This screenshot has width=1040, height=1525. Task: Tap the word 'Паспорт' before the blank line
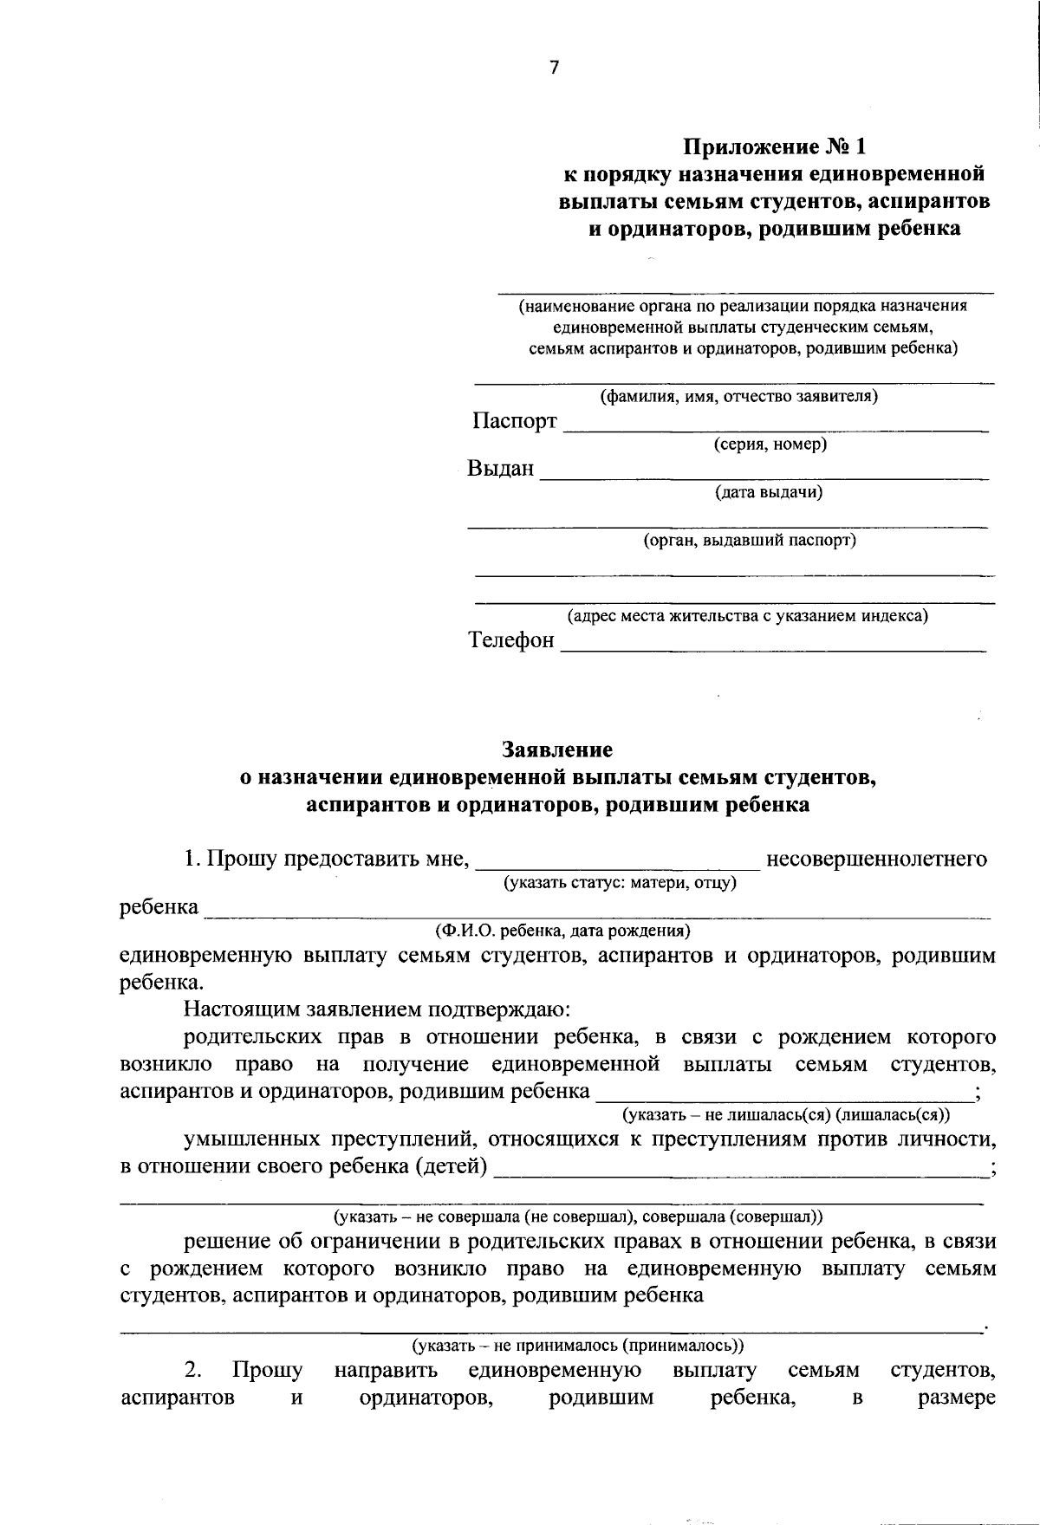[514, 422]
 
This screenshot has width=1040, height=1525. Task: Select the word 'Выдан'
[500, 470]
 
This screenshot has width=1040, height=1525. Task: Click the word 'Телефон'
[511, 640]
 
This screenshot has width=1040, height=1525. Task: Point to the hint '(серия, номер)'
[770, 445]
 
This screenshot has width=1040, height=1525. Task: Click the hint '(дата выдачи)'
[769, 493]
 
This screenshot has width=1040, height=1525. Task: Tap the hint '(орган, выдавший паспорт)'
[749, 541]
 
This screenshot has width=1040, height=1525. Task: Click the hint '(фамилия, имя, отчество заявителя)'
[739, 398]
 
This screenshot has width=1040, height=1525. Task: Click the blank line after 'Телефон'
[773, 648]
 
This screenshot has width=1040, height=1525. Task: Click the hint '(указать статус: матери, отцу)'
[621, 883]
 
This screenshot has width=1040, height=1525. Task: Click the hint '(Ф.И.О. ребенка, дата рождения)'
[562, 931]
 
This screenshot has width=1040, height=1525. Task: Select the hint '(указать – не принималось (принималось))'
[578, 1346]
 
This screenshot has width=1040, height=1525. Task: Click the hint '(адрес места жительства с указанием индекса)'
[747, 617]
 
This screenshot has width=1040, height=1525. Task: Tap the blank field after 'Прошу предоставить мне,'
[618, 865]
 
